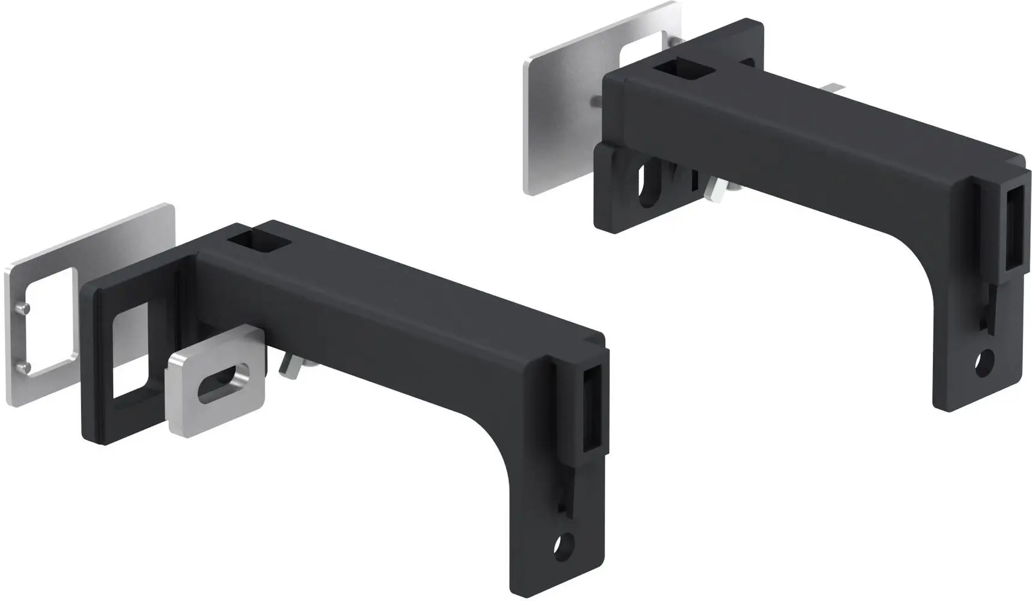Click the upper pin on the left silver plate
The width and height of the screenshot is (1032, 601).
(22, 308)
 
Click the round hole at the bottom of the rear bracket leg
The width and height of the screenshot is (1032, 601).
(984, 363)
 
